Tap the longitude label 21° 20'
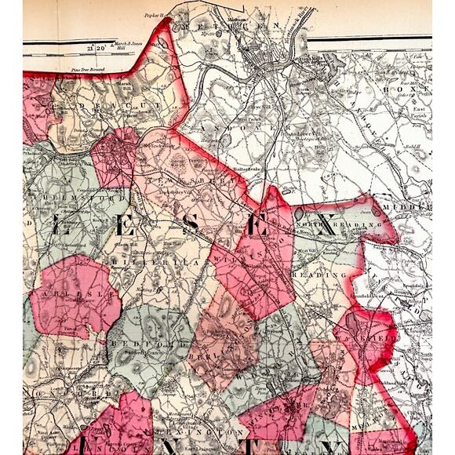[99, 48]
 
